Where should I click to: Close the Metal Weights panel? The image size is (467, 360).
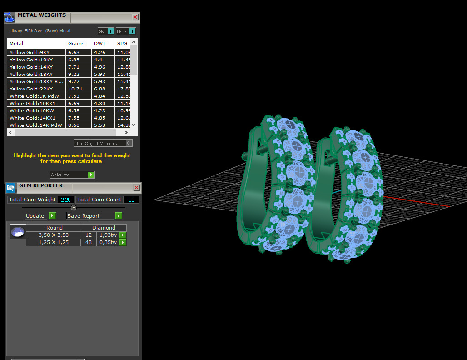click(135, 17)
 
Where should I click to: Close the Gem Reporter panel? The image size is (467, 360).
click(136, 188)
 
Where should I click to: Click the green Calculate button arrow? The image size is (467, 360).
click(91, 175)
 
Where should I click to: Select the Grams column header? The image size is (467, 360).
click(76, 44)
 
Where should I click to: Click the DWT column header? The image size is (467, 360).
click(100, 44)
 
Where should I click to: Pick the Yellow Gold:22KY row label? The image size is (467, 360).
click(31, 89)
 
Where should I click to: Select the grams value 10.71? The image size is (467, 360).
click(74, 89)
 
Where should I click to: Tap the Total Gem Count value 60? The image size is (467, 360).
click(131, 200)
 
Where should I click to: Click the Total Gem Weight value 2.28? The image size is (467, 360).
click(66, 200)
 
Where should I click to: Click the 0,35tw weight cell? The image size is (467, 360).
click(108, 243)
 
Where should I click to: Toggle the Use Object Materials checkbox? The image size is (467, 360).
click(129, 143)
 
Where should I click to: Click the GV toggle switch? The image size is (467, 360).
click(110, 31)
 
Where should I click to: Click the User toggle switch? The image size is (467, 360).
click(132, 31)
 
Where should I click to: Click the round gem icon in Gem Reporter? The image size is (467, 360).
click(18, 232)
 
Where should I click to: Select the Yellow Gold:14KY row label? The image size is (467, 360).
click(31, 67)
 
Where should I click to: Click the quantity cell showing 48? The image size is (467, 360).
click(89, 243)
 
